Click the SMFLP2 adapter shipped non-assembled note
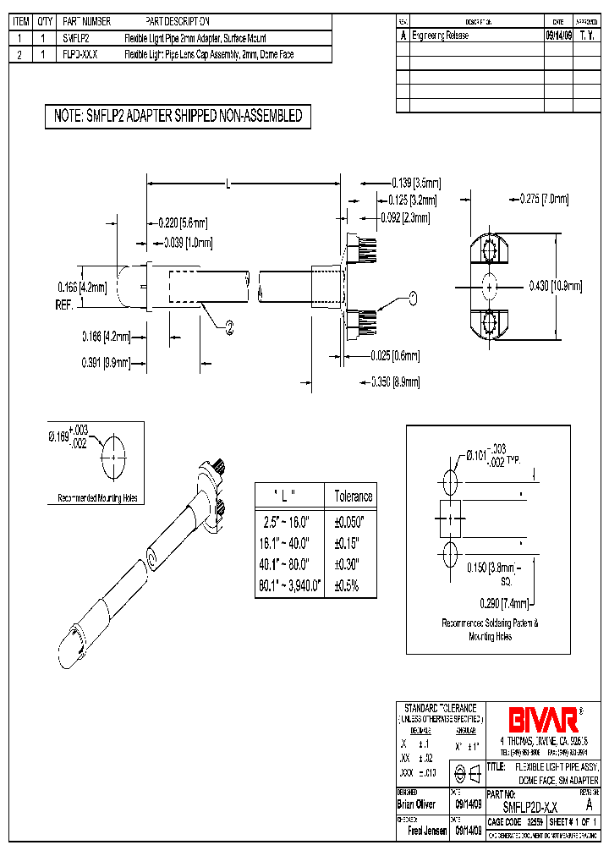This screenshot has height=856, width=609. point(178,117)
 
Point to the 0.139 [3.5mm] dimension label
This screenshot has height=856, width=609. point(415,182)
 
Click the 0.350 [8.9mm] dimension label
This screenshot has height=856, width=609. point(395,382)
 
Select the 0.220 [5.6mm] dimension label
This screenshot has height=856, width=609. point(183,223)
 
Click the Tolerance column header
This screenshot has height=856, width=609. point(353,497)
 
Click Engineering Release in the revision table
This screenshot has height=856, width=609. point(440,36)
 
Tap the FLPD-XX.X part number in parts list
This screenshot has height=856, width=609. point(81,55)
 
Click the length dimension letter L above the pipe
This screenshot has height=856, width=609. point(229,182)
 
